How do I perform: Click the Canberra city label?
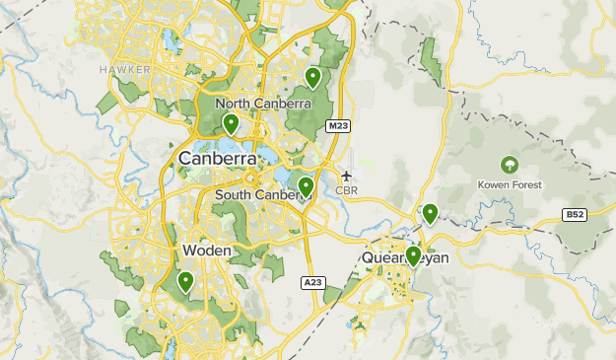(217, 159)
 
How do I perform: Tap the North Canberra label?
(263, 104)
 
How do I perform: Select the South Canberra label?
(261, 195)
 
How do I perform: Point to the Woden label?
(207, 252)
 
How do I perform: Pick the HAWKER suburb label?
(119, 70)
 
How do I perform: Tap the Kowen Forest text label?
(510, 184)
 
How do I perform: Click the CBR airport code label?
(346, 190)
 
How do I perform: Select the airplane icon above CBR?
(346, 176)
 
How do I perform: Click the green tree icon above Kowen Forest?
(510, 164)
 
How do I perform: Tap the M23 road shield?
(338, 126)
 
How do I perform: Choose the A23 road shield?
(312, 283)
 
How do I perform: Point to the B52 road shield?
(575, 214)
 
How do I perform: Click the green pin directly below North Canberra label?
(231, 123)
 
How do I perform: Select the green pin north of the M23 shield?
(312, 76)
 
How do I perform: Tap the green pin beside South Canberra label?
(306, 185)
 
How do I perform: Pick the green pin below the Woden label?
(185, 281)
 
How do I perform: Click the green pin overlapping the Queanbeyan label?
(413, 255)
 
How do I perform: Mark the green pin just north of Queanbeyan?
(430, 212)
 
